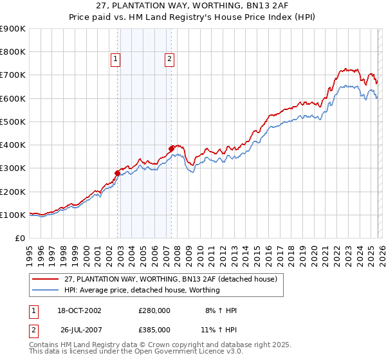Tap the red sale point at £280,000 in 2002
pyautogui.click(x=118, y=173)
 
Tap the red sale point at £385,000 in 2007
pyautogui.click(x=172, y=148)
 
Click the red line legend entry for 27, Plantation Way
pyautogui.click(x=170, y=279)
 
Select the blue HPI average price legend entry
pyautogui.click(x=142, y=290)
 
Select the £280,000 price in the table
pyautogui.click(x=154, y=310)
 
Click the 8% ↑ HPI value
pyautogui.click(x=220, y=310)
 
